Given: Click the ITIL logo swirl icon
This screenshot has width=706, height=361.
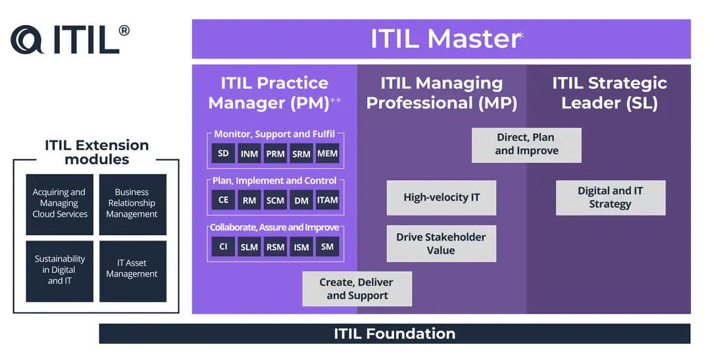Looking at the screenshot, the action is pyautogui.click(x=27, y=40).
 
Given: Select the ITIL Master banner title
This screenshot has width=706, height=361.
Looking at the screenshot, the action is pyautogui.click(x=445, y=39).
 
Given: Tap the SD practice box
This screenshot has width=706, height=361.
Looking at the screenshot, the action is pyautogui.click(x=223, y=153).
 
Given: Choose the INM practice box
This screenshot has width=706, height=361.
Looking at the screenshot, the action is pyautogui.click(x=249, y=153).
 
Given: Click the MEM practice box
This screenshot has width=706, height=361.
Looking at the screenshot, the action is pyautogui.click(x=327, y=153).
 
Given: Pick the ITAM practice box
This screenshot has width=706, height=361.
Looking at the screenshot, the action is pyautogui.click(x=327, y=200).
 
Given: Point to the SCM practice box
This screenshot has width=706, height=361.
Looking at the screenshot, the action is pyautogui.click(x=275, y=200).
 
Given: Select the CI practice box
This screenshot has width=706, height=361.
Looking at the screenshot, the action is pyautogui.click(x=223, y=246).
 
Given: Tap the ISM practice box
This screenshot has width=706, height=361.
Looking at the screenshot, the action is pyautogui.click(x=301, y=246).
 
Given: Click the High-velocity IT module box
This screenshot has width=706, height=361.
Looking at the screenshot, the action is pyautogui.click(x=441, y=198).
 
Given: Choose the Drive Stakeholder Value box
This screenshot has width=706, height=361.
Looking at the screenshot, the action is pyautogui.click(x=441, y=244).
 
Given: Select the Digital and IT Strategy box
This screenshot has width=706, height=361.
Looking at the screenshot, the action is pyautogui.click(x=611, y=198).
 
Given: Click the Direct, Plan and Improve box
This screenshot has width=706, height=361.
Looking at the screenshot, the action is pyautogui.click(x=526, y=145).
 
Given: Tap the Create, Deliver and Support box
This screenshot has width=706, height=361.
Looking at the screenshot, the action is pyautogui.click(x=357, y=289).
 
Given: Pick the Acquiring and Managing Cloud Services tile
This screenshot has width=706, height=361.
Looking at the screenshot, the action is pyautogui.click(x=59, y=205).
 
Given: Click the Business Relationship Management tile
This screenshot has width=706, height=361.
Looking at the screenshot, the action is pyautogui.click(x=133, y=205).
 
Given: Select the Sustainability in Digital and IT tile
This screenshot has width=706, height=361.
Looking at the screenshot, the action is pyautogui.click(x=59, y=271).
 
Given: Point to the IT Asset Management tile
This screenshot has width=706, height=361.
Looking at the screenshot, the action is pyautogui.click(x=133, y=271).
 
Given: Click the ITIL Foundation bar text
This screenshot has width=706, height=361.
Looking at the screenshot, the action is pyautogui.click(x=394, y=334).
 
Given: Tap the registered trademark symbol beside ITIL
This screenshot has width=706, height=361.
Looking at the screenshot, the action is pyautogui.click(x=124, y=30).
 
